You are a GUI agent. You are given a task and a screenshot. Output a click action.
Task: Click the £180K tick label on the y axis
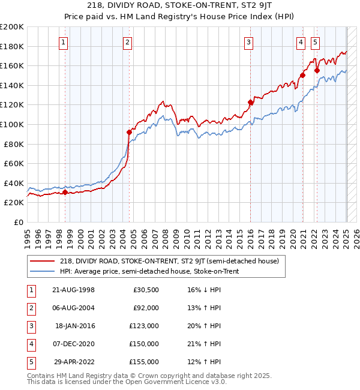[12, 46]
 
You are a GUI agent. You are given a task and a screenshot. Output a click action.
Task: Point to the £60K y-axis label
[14, 163]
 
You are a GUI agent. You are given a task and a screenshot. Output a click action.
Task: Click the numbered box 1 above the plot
[64, 42]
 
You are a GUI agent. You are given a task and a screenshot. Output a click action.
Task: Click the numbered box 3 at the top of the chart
[248, 42]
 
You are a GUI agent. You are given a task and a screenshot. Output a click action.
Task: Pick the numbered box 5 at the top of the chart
[316, 42]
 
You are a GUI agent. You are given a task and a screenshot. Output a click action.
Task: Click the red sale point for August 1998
[65, 192]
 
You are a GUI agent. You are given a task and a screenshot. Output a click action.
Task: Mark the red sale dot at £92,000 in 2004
[129, 132]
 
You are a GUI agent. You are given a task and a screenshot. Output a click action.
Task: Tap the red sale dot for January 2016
[251, 103]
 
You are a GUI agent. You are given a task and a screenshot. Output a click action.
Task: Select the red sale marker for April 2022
[317, 71]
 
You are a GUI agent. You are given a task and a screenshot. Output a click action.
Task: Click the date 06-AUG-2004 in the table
[74, 308]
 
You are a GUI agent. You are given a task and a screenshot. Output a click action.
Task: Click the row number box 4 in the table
[30, 344]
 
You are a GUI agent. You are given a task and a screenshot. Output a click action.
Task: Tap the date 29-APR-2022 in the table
[74, 362]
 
